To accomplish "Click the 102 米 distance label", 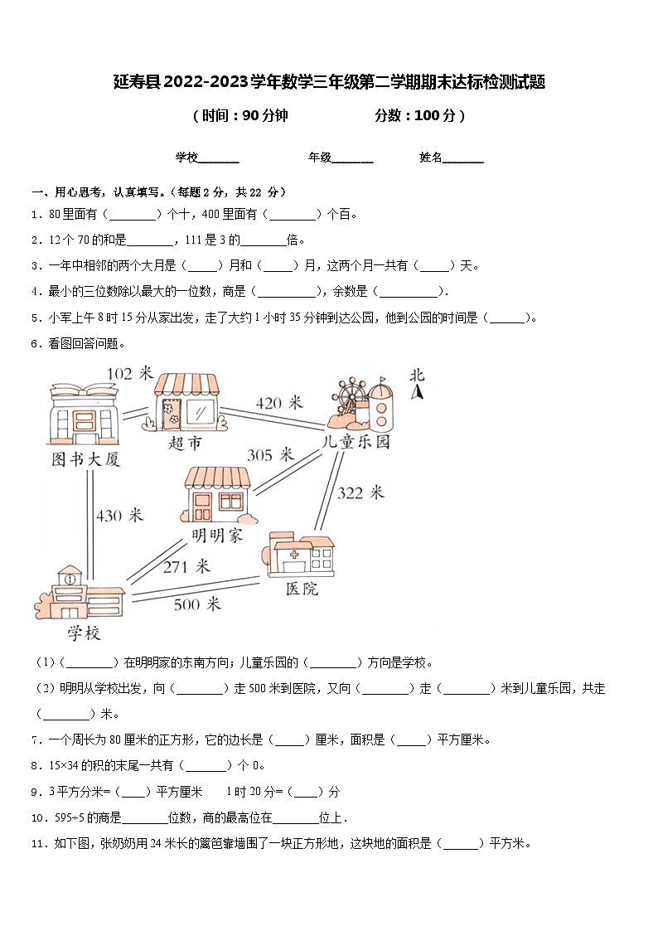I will [x=131, y=374].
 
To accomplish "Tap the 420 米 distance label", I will [x=279, y=404].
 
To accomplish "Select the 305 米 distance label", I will [x=271, y=454].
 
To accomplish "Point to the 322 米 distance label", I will [x=360, y=492].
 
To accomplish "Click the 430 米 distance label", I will [x=119, y=516].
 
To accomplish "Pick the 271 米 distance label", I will [x=186, y=566].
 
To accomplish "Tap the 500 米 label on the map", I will [x=197, y=604].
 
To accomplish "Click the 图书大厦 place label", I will [x=86, y=458].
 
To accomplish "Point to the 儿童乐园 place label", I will [x=356, y=442].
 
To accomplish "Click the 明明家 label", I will [x=217, y=535].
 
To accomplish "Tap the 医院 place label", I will [x=302, y=589].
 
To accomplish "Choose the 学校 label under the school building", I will [x=84, y=633].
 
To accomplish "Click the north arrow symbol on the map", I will [x=419, y=390].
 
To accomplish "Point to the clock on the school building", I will [x=71, y=578].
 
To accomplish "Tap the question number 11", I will [x=36, y=844].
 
